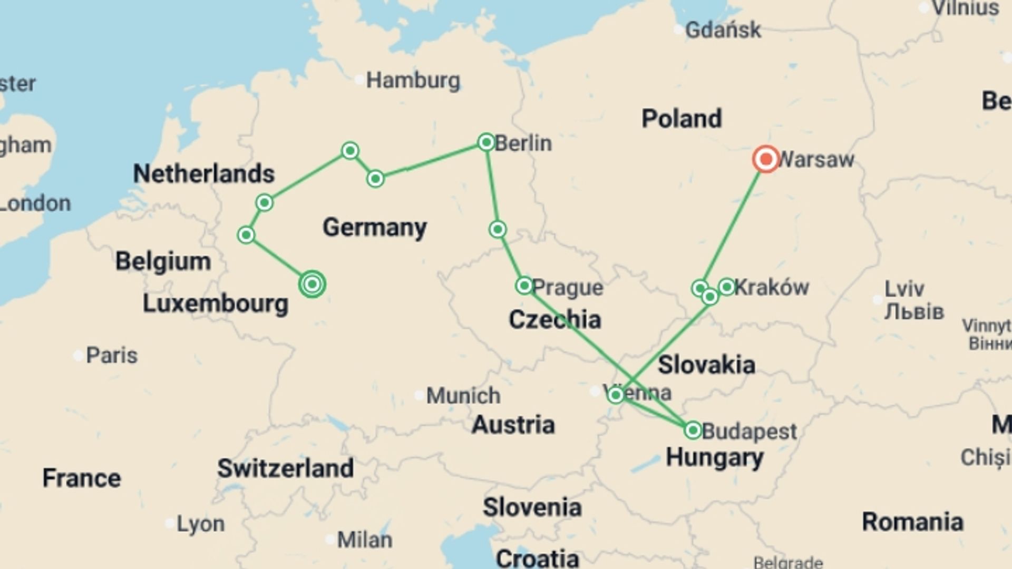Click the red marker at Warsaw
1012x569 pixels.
(766, 159)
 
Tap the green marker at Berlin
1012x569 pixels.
(486, 142)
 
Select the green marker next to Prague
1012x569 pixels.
(524, 286)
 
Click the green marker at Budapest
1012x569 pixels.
(693, 430)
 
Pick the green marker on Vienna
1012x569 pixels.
(615, 395)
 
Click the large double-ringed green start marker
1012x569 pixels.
(312, 284)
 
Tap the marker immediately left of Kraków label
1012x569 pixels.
(726, 287)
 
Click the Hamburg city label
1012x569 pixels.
(413, 81)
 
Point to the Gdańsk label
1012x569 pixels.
(723, 30)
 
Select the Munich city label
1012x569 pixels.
(463, 396)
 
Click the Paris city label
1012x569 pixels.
(111, 356)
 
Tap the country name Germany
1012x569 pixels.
(374, 228)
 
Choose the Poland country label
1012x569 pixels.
(681, 119)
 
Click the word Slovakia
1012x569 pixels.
(706, 365)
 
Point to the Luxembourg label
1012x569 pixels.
(215, 304)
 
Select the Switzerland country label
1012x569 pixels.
(285, 468)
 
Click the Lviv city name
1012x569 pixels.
(904, 289)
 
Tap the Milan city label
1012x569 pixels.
(364, 540)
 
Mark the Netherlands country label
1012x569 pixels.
(203, 174)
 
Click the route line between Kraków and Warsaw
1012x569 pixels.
(733, 224)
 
